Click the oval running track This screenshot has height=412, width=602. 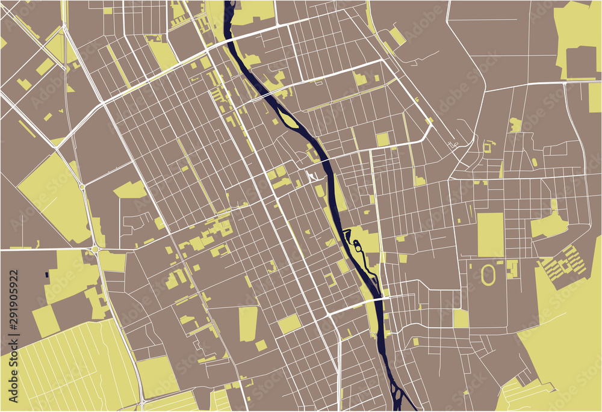pos(488,275)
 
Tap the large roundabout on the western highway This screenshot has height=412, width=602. pos(95,249)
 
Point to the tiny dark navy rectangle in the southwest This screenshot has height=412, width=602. pos(47,274)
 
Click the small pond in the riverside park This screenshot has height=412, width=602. pos(357,245)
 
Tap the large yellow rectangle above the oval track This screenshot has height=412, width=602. pos(491,235)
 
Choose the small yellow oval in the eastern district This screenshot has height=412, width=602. pos(535,162)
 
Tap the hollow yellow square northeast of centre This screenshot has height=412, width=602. pos(487,146)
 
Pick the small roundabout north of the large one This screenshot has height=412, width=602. pos(82,187)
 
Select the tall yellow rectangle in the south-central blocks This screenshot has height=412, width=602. pos(248,324)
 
